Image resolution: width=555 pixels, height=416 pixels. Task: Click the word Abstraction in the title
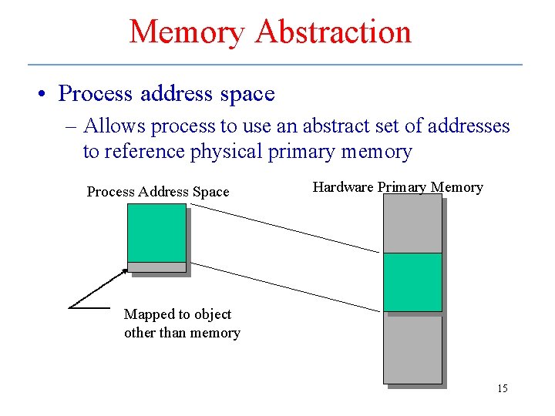tap(333, 32)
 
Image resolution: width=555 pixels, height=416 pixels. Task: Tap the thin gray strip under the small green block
tap(156, 267)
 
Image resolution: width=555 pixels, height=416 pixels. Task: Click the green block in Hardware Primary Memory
tap(412, 282)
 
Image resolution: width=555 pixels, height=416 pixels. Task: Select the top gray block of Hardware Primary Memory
tap(412, 223)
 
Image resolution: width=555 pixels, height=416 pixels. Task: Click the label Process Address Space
tap(158, 192)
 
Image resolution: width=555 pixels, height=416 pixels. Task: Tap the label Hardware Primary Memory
tap(398, 187)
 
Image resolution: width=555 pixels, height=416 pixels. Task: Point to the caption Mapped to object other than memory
tap(182, 324)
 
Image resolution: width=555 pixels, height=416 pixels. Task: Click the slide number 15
tap(503, 388)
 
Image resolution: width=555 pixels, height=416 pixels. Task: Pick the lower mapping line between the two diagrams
tap(285, 287)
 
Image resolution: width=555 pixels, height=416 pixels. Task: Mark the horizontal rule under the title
tap(275, 64)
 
